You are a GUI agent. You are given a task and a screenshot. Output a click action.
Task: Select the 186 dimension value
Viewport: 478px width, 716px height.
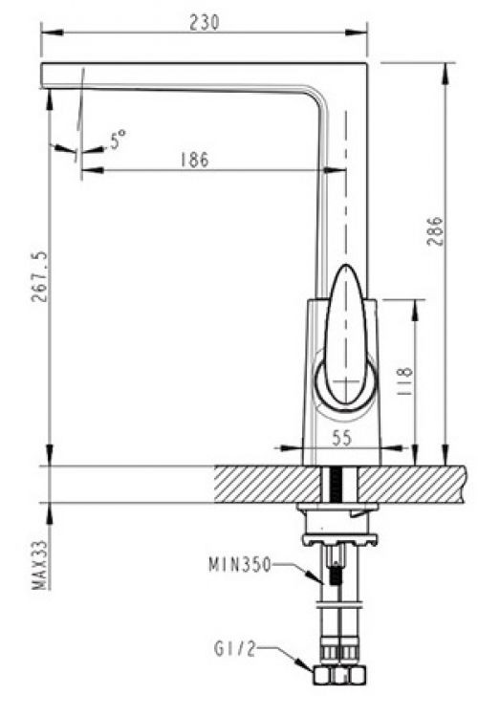tap(194, 160)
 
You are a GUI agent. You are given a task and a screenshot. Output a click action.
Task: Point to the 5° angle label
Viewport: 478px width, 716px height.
tap(118, 141)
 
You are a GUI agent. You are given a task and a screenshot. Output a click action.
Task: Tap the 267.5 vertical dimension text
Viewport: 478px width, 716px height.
tap(39, 277)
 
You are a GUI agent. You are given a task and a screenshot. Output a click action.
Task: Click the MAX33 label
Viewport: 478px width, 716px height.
tap(39, 567)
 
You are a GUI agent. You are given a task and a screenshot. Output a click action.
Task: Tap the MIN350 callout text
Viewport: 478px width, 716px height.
tap(239, 565)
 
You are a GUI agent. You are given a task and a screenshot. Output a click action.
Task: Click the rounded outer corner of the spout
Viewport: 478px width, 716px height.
tap(363, 69)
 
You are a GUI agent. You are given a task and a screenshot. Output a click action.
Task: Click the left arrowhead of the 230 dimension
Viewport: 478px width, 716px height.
tap(45, 32)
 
